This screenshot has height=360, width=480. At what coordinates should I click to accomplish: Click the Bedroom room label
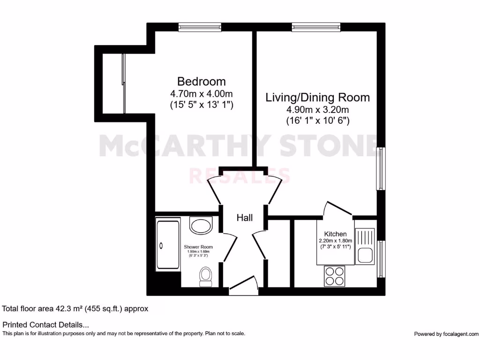click(x=201, y=82)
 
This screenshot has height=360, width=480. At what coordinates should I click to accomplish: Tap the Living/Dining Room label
click(x=317, y=97)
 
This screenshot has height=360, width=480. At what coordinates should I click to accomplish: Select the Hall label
click(x=244, y=218)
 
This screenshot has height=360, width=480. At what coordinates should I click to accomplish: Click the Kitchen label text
click(x=335, y=234)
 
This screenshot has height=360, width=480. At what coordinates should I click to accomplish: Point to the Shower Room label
click(x=198, y=247)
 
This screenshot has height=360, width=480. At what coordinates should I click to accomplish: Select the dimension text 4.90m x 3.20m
click(x=318, y=110)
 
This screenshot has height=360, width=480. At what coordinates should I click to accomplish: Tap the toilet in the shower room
click(x=205, y=276)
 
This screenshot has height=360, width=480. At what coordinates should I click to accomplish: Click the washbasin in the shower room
click(x=201, y=225)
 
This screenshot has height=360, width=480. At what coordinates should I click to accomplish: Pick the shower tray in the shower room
click(x=167, y=245)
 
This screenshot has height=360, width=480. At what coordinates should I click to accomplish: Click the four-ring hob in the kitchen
click(x=334, y=276)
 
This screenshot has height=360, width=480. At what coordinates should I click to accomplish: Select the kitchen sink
click(x=365, y=255)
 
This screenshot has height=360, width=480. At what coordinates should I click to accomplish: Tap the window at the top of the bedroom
click(x=200, y=27)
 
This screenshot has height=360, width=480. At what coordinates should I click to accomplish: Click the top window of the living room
click(x=313, y=27)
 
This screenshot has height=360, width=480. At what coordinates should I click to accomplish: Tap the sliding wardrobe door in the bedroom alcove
click(x=124, y=84)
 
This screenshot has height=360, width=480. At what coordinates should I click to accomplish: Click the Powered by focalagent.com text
click(x=446, y=334)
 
